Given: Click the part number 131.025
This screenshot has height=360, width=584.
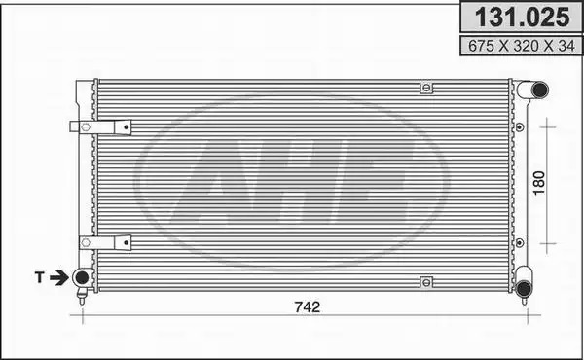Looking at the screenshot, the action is coord(522,18).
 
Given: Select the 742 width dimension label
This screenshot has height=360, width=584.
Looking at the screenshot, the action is coord(308,307).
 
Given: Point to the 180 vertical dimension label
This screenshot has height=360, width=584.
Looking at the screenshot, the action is coord(539,183).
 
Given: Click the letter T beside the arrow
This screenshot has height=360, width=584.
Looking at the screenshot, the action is coord(40,277).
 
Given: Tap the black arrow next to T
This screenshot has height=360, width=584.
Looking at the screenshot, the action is coord(58,277).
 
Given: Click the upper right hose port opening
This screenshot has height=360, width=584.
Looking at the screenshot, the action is coord(539,90).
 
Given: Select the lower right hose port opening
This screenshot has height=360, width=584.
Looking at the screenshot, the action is coord(524,288).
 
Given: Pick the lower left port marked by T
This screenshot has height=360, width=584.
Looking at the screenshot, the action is coord(82,277).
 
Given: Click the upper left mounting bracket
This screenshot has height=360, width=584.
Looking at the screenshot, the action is coord(100,127).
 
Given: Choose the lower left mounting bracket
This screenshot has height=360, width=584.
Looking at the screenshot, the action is coord(105,242).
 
